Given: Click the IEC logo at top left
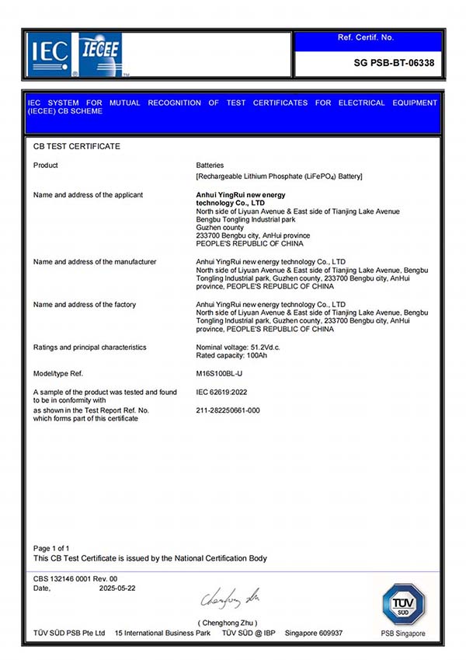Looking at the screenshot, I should point(49,54).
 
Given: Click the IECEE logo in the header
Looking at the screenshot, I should point(96,54).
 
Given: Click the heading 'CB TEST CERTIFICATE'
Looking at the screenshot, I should point(77,146).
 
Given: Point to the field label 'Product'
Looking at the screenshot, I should point(46,166).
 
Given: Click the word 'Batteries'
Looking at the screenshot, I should point(210,166).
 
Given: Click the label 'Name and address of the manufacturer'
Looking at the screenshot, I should point(95,262).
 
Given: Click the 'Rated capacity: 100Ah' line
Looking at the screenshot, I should point(232,356).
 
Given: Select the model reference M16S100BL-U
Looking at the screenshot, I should point(222,374).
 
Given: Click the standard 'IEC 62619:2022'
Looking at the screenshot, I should point(223,392).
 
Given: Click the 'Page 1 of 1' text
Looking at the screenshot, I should point(51,549).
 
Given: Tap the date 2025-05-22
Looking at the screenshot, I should point(116,588).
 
